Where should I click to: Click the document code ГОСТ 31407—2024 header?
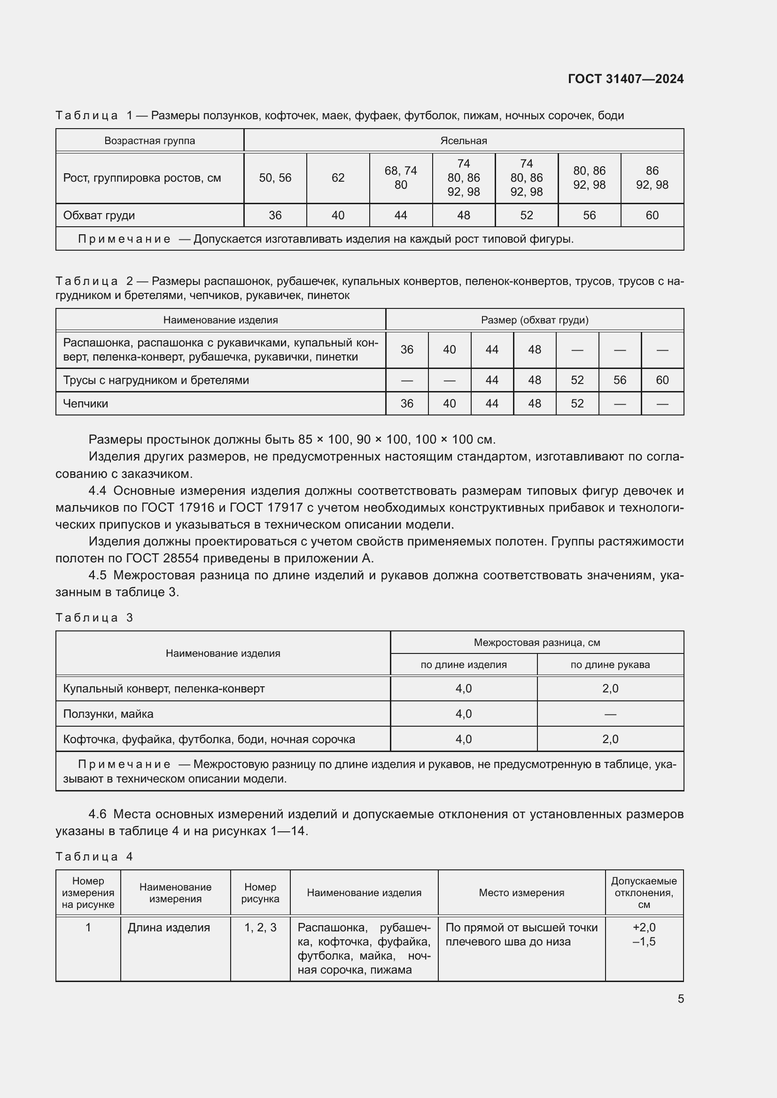tap(625, 79)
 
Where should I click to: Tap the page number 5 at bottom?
tap(680, 998)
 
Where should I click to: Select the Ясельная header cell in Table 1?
tap(463, 141)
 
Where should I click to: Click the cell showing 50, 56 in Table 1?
tap(275, 178)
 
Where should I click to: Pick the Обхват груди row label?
tap(99, 215)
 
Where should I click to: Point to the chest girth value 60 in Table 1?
tap(652, 215)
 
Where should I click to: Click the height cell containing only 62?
tap(338, 178)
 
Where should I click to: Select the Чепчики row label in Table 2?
tap(85, 404)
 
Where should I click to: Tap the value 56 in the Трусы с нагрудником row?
tap(620, 380)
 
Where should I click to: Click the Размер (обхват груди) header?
tap(535, 320)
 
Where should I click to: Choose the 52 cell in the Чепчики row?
tap(577, 404)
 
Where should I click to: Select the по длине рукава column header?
tap(610, 664)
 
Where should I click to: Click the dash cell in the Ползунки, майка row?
tap(610, 714)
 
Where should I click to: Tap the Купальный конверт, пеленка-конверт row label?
tap(163, 689)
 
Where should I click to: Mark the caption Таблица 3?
tap(94, 617)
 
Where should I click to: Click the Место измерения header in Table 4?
tap(521, 892)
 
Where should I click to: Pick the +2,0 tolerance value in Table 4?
tap(644, 927)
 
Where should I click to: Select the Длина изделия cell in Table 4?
tap(169, 927)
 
